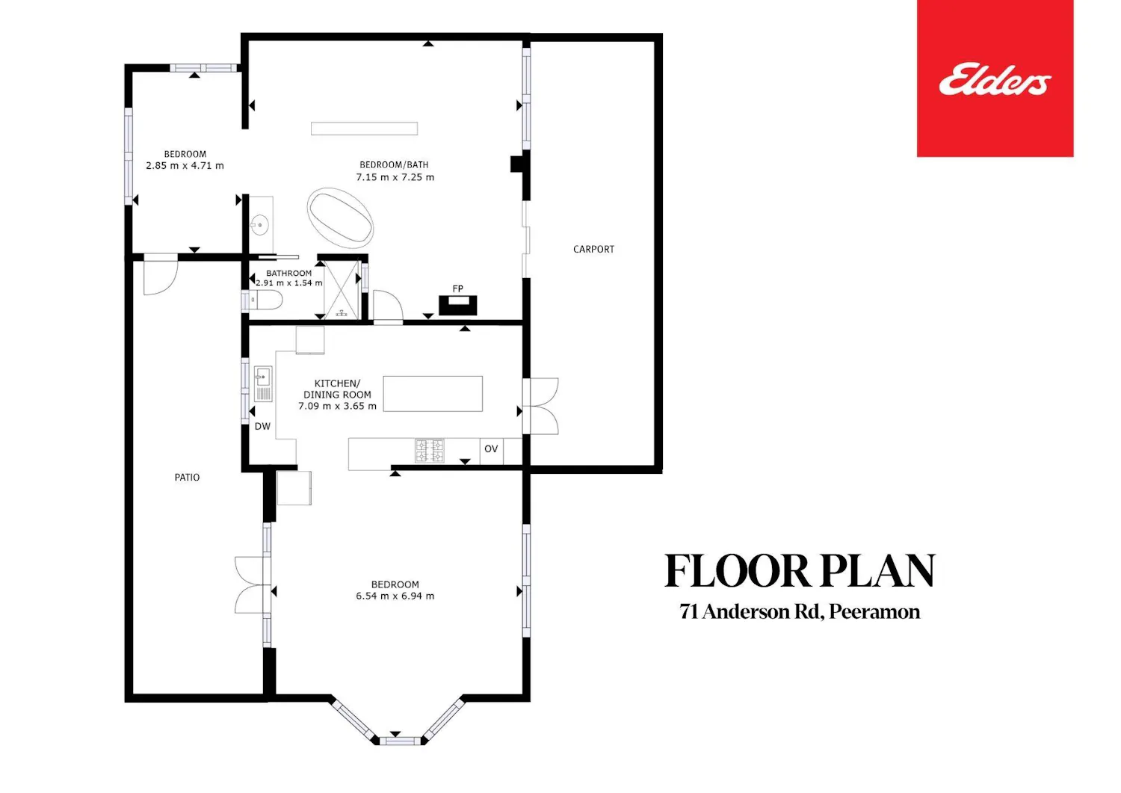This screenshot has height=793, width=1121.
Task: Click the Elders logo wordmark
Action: coord(995,80)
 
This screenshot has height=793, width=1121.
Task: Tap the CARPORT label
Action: coord(593,250)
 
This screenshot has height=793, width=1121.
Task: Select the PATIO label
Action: coord(187,478)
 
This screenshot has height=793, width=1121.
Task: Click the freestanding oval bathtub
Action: coord(340,217)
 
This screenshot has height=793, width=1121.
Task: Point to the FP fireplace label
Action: coord(457,288)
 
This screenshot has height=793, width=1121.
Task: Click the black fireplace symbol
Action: coord(457,306)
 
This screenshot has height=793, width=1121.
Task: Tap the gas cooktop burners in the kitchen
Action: coord(430,451)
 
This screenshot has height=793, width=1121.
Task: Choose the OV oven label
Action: coord(491,448)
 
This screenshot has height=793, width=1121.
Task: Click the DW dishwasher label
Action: coord(262,427)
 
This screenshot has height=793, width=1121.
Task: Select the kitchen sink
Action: coord(263,383)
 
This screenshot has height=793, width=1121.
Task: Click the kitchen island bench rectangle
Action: coord(433,394)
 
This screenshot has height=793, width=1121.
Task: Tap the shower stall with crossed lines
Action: coord(342,289)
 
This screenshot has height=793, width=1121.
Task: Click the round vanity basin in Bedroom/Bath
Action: coord(260,225)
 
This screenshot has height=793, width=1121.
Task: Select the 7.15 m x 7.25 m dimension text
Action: coord(395,177)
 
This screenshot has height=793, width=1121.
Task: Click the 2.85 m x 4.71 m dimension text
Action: coord(185,166)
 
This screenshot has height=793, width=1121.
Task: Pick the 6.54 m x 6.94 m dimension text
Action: coord(395,596)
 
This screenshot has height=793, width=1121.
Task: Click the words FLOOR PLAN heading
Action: coord(800,571)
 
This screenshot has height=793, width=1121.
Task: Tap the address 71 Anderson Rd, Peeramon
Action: coord(800,612)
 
